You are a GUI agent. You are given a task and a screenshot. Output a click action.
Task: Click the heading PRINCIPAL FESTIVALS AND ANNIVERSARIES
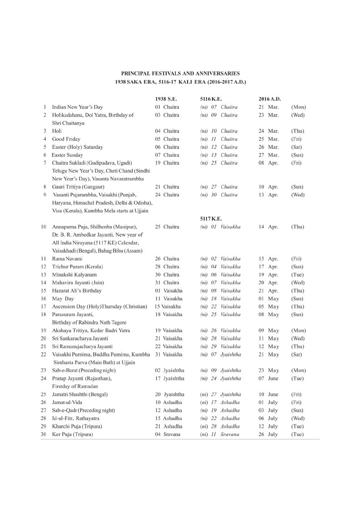tap(180, 73)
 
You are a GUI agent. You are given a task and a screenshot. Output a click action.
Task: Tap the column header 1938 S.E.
tap(164, 98)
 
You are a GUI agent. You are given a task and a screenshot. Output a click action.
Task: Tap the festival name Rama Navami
tap(67, 258)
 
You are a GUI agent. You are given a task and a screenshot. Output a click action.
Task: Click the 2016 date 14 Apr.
tap(268, 227)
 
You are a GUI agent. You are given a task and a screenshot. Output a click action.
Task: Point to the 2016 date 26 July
tap(268, 434)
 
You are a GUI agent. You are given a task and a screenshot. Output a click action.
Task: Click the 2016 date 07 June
tap(269, 378)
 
